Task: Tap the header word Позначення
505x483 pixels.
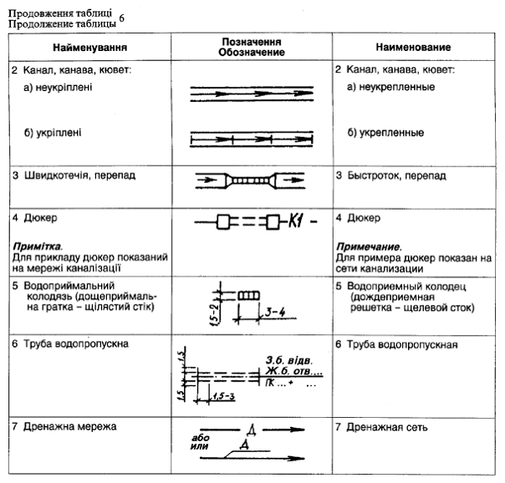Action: [251, 42]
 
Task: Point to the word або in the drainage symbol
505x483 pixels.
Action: [199, 436]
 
